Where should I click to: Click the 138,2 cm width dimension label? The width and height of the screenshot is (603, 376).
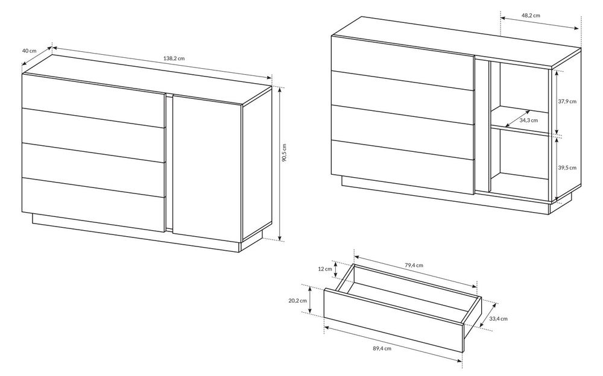tap(174, 59)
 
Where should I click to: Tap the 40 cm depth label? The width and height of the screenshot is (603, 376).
tap(29, 51)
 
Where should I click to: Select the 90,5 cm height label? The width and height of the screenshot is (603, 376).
tap(284, 152)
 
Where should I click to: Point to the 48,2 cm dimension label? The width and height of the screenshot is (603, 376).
tap(531, 16)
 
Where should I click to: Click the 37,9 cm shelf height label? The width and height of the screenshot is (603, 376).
tap(567, 102)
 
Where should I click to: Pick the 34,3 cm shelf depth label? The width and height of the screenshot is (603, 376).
tap(529, 121)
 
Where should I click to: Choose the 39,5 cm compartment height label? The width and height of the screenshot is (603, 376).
tap(567, 168)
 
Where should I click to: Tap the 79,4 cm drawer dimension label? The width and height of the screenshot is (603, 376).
tap(414, 265)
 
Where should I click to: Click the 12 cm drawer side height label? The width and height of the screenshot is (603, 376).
tap(325, 269)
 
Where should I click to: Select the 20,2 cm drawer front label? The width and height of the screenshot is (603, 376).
tap(298, 301)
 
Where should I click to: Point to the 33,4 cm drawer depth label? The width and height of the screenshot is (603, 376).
tap(499, 319)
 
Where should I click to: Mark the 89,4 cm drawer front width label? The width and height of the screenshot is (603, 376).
tap(382, 349)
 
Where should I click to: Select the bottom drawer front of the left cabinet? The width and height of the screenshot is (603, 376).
tap(94, 204)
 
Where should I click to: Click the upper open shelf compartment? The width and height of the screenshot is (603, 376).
tap(519, 98)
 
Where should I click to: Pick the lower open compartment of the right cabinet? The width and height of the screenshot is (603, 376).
tap(519, 163)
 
